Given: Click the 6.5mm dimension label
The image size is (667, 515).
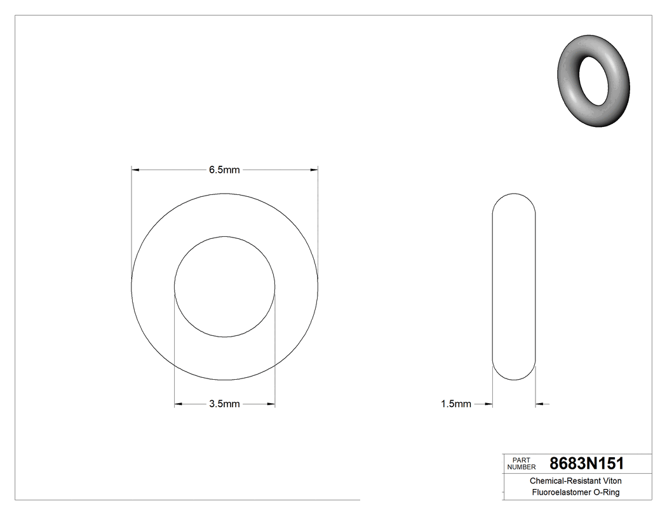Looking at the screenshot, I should point(224,170).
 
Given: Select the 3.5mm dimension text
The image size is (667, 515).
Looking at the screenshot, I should point(224,404).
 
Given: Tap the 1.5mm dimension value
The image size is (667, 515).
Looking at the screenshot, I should point(455,404).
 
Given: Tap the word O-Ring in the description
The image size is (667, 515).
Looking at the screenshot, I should point(606,493).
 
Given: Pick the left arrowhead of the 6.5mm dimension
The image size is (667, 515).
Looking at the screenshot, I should point(135,170).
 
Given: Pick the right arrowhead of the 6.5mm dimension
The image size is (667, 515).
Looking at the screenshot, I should point(314,170).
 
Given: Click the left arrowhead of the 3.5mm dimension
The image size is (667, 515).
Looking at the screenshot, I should point(179,404).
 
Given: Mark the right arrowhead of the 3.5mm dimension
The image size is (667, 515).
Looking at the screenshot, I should point(271,404).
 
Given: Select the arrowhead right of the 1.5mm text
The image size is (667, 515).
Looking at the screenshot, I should point(488,404).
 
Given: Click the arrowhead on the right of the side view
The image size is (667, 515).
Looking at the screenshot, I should point(540,404).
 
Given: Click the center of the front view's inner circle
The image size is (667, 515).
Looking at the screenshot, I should point(225,286).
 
